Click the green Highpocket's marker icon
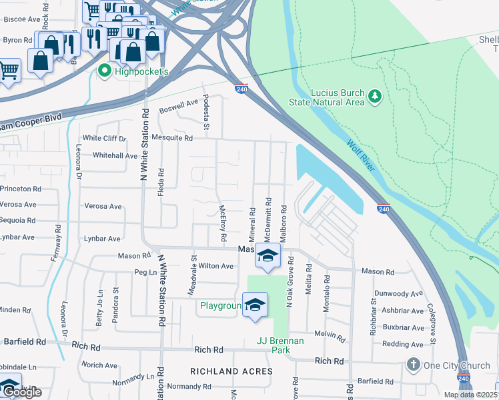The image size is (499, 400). pos(105,70)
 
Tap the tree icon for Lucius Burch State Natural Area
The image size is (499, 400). pos(375,97)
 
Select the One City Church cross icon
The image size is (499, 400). pos(414,365)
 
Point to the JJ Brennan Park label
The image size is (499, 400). pos(280,345)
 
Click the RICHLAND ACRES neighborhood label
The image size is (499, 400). pos(231,371)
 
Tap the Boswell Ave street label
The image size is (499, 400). pos(179,104)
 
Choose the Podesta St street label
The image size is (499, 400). pos(206,117)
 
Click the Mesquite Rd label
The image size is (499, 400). pos(172,138)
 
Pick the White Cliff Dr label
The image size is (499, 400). pos(103,139)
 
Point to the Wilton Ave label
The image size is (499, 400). pos(211,266)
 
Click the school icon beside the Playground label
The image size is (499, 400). pos(254,305)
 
